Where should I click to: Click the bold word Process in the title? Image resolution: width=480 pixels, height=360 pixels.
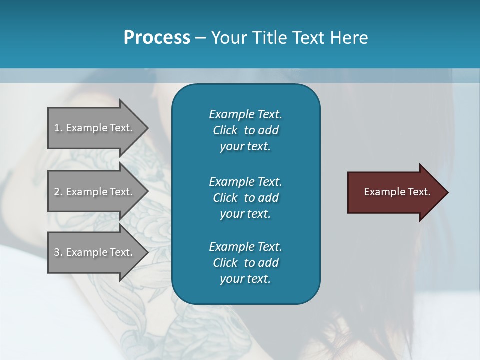tap(157, 38)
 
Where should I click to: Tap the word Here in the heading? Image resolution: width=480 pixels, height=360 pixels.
tap(349, 38)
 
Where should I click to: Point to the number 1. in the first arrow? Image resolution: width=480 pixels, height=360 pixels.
tap(58, 128)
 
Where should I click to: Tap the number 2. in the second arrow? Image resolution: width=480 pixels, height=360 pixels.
tap(58, 192)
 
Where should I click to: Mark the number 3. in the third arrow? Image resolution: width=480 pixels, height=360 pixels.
tap(58, 252)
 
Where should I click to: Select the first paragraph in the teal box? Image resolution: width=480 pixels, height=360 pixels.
tap(245, 130)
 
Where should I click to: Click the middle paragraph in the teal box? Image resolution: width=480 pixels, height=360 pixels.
tap(245, 197)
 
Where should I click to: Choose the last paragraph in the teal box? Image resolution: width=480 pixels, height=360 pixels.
tap(245, 263)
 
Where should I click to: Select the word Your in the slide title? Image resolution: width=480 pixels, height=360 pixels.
tap(228, 38)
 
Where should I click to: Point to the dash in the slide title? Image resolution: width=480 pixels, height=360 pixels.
tap(200, 38)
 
